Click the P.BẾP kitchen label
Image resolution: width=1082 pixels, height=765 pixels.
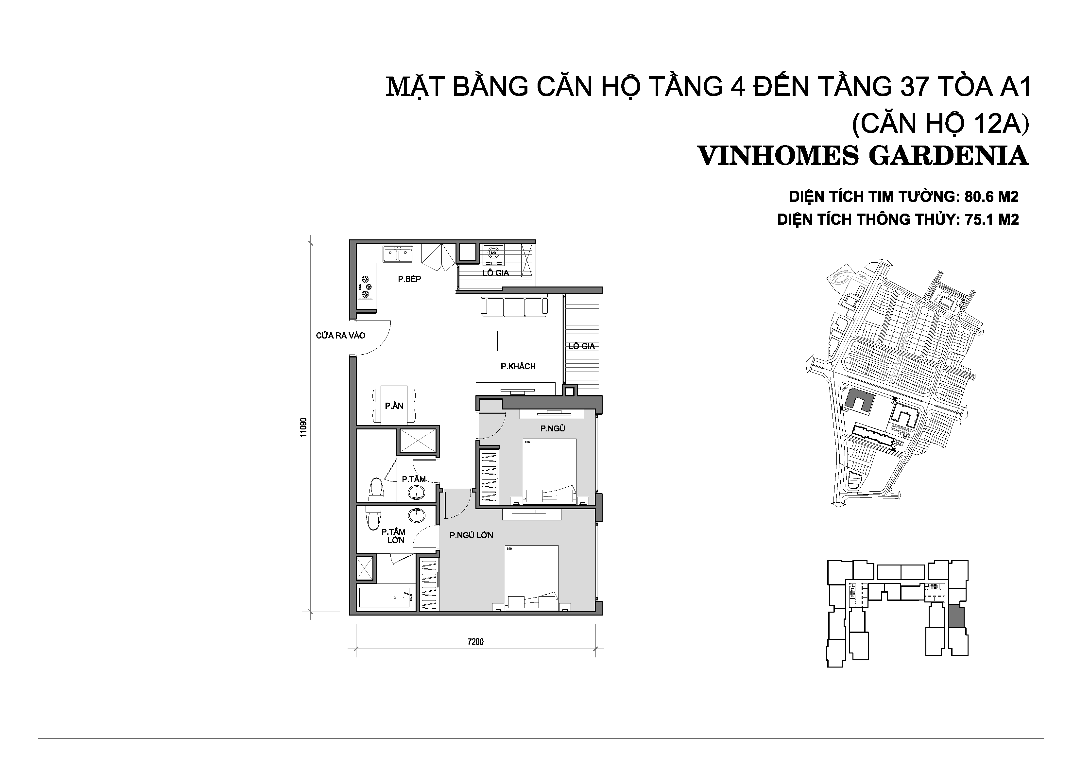pos(409,279)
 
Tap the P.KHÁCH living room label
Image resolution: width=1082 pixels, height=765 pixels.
pos(518,366)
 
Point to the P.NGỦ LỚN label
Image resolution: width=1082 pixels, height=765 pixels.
pos(471,535)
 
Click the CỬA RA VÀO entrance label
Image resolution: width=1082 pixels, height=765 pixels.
pos(341,336)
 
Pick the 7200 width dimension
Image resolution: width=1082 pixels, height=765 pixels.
pos(475,641)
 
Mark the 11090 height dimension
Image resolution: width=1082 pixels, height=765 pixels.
pos(303,427)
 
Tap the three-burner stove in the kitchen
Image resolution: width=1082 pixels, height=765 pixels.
pos(365,287)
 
